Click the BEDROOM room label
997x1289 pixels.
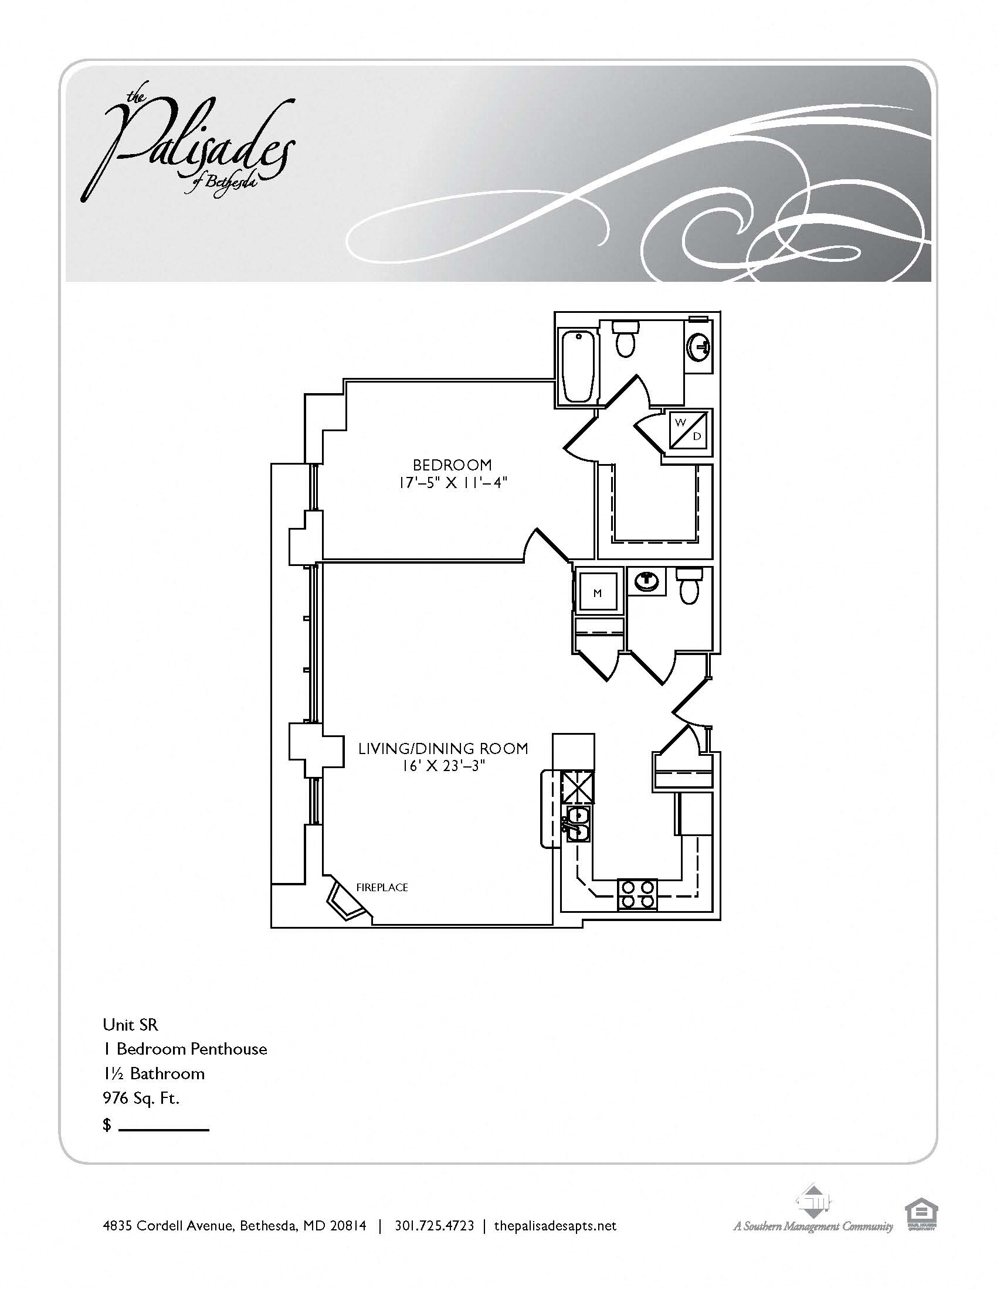pyautogui.click(x=452, y=465)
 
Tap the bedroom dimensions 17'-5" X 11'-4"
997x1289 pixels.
pyautogui.click(x=453, y=483)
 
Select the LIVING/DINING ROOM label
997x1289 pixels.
pyautogui.click(x=443, y=748)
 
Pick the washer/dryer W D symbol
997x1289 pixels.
pyautogui.click(x=688, y=429)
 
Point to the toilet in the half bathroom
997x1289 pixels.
pyautogui.click(x=689, y=585)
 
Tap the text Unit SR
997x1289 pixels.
pyautogui.click(x=131, y=1024)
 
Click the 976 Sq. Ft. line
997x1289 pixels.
pyautogui.click(x=141, y=1098)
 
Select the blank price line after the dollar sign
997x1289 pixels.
pyautogui.click(x=164, y=1130)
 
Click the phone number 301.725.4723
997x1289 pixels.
pyautogui.click(x=434, y=1226)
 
